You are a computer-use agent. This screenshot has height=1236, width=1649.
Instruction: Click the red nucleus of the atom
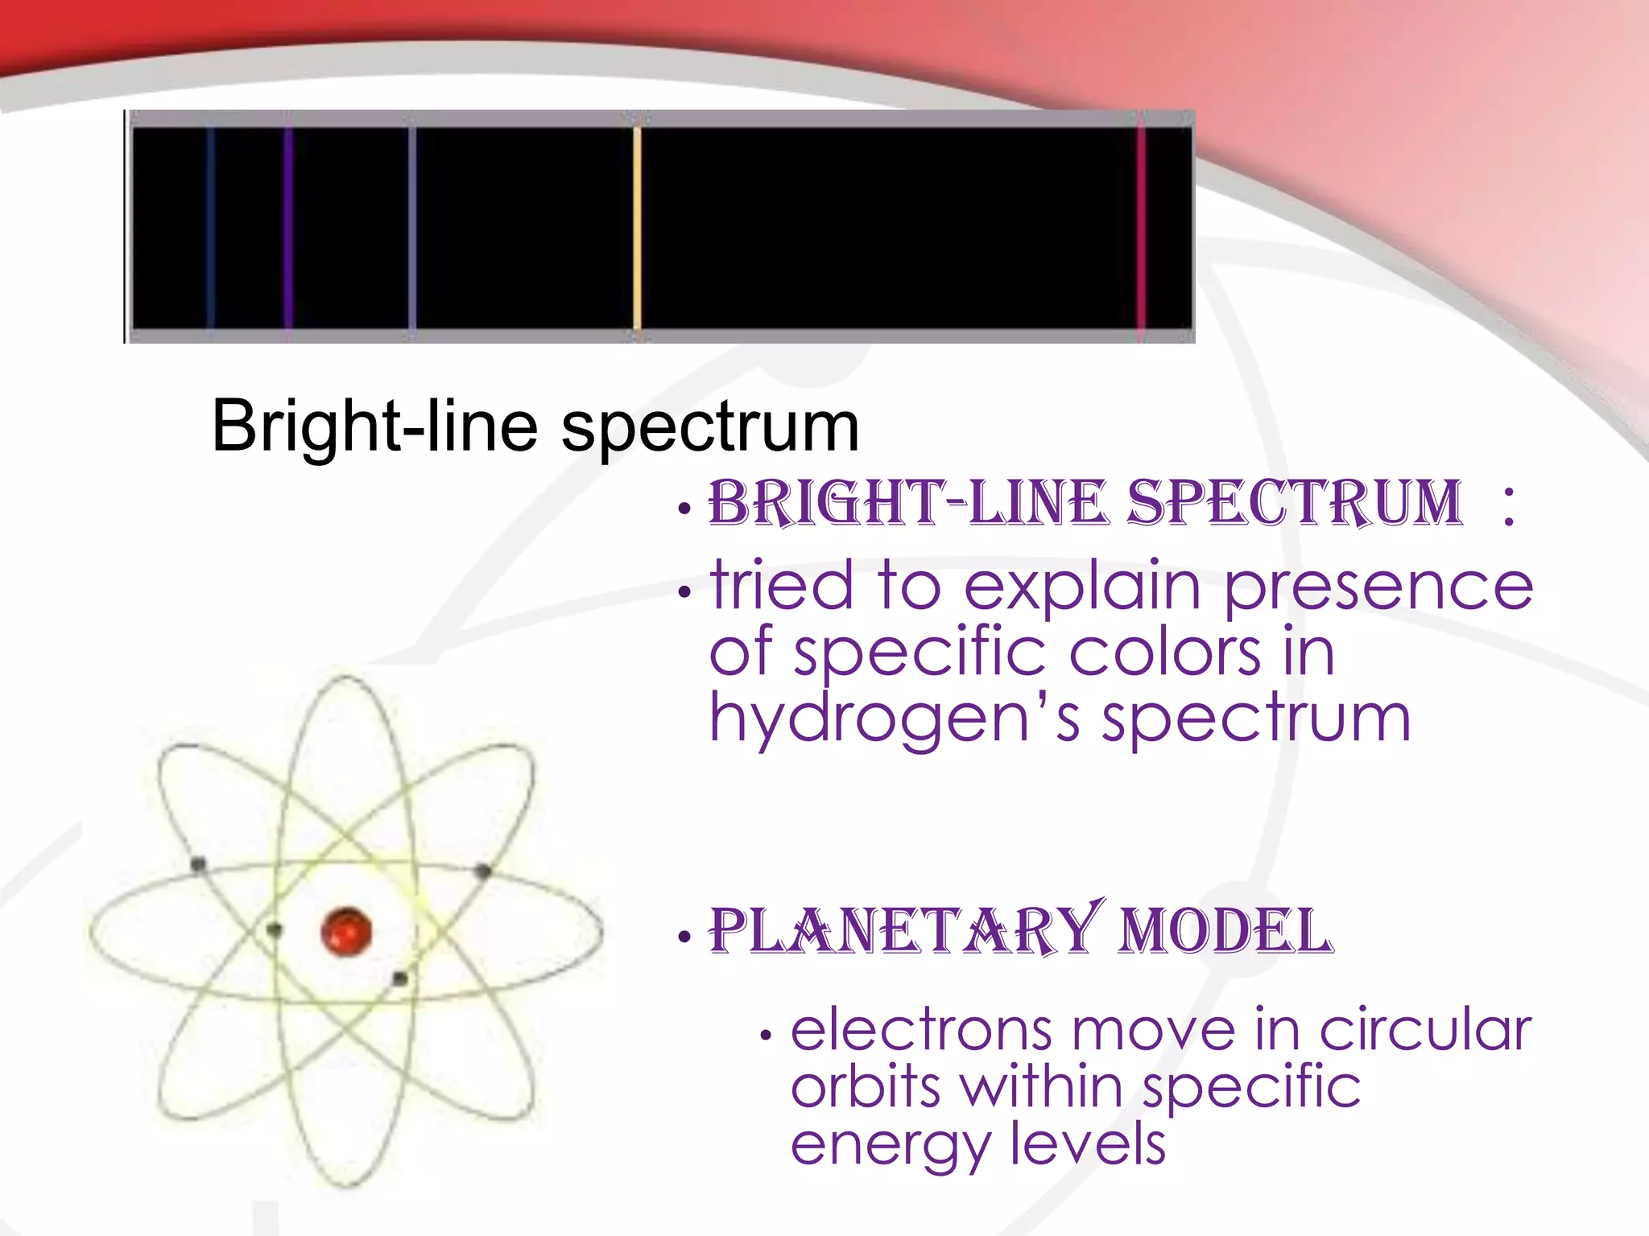pos(346,933)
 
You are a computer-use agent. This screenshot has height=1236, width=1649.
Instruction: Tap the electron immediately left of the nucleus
pos(275,930)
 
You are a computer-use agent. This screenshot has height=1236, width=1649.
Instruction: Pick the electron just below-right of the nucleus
pos(399,978)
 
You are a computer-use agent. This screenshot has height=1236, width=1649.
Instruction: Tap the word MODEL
pos(1226,931)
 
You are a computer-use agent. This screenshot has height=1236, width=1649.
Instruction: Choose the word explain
pos(1082,587)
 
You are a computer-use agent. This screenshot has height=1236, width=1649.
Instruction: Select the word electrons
pos(921,1030)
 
